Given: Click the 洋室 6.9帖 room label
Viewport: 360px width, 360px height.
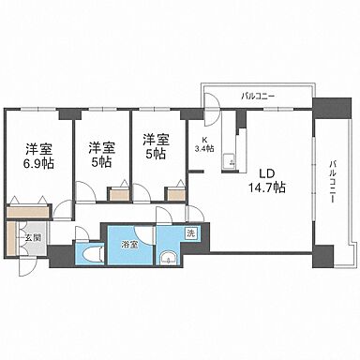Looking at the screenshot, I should click(x=37, y=156).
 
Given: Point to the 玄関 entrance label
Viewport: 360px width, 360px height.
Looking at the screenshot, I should click(x=30, y=238).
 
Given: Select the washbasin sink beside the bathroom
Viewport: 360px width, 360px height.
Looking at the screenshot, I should click(x=168, y=260).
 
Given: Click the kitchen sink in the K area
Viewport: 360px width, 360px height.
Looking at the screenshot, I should click(x=225, y=164).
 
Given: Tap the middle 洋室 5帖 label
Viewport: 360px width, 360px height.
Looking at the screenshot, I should click(x=102, y=153).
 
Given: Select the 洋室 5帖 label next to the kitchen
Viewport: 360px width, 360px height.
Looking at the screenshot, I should click(x=156, y=147).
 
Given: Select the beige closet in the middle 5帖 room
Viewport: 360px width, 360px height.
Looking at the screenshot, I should click(x=119, y=196).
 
